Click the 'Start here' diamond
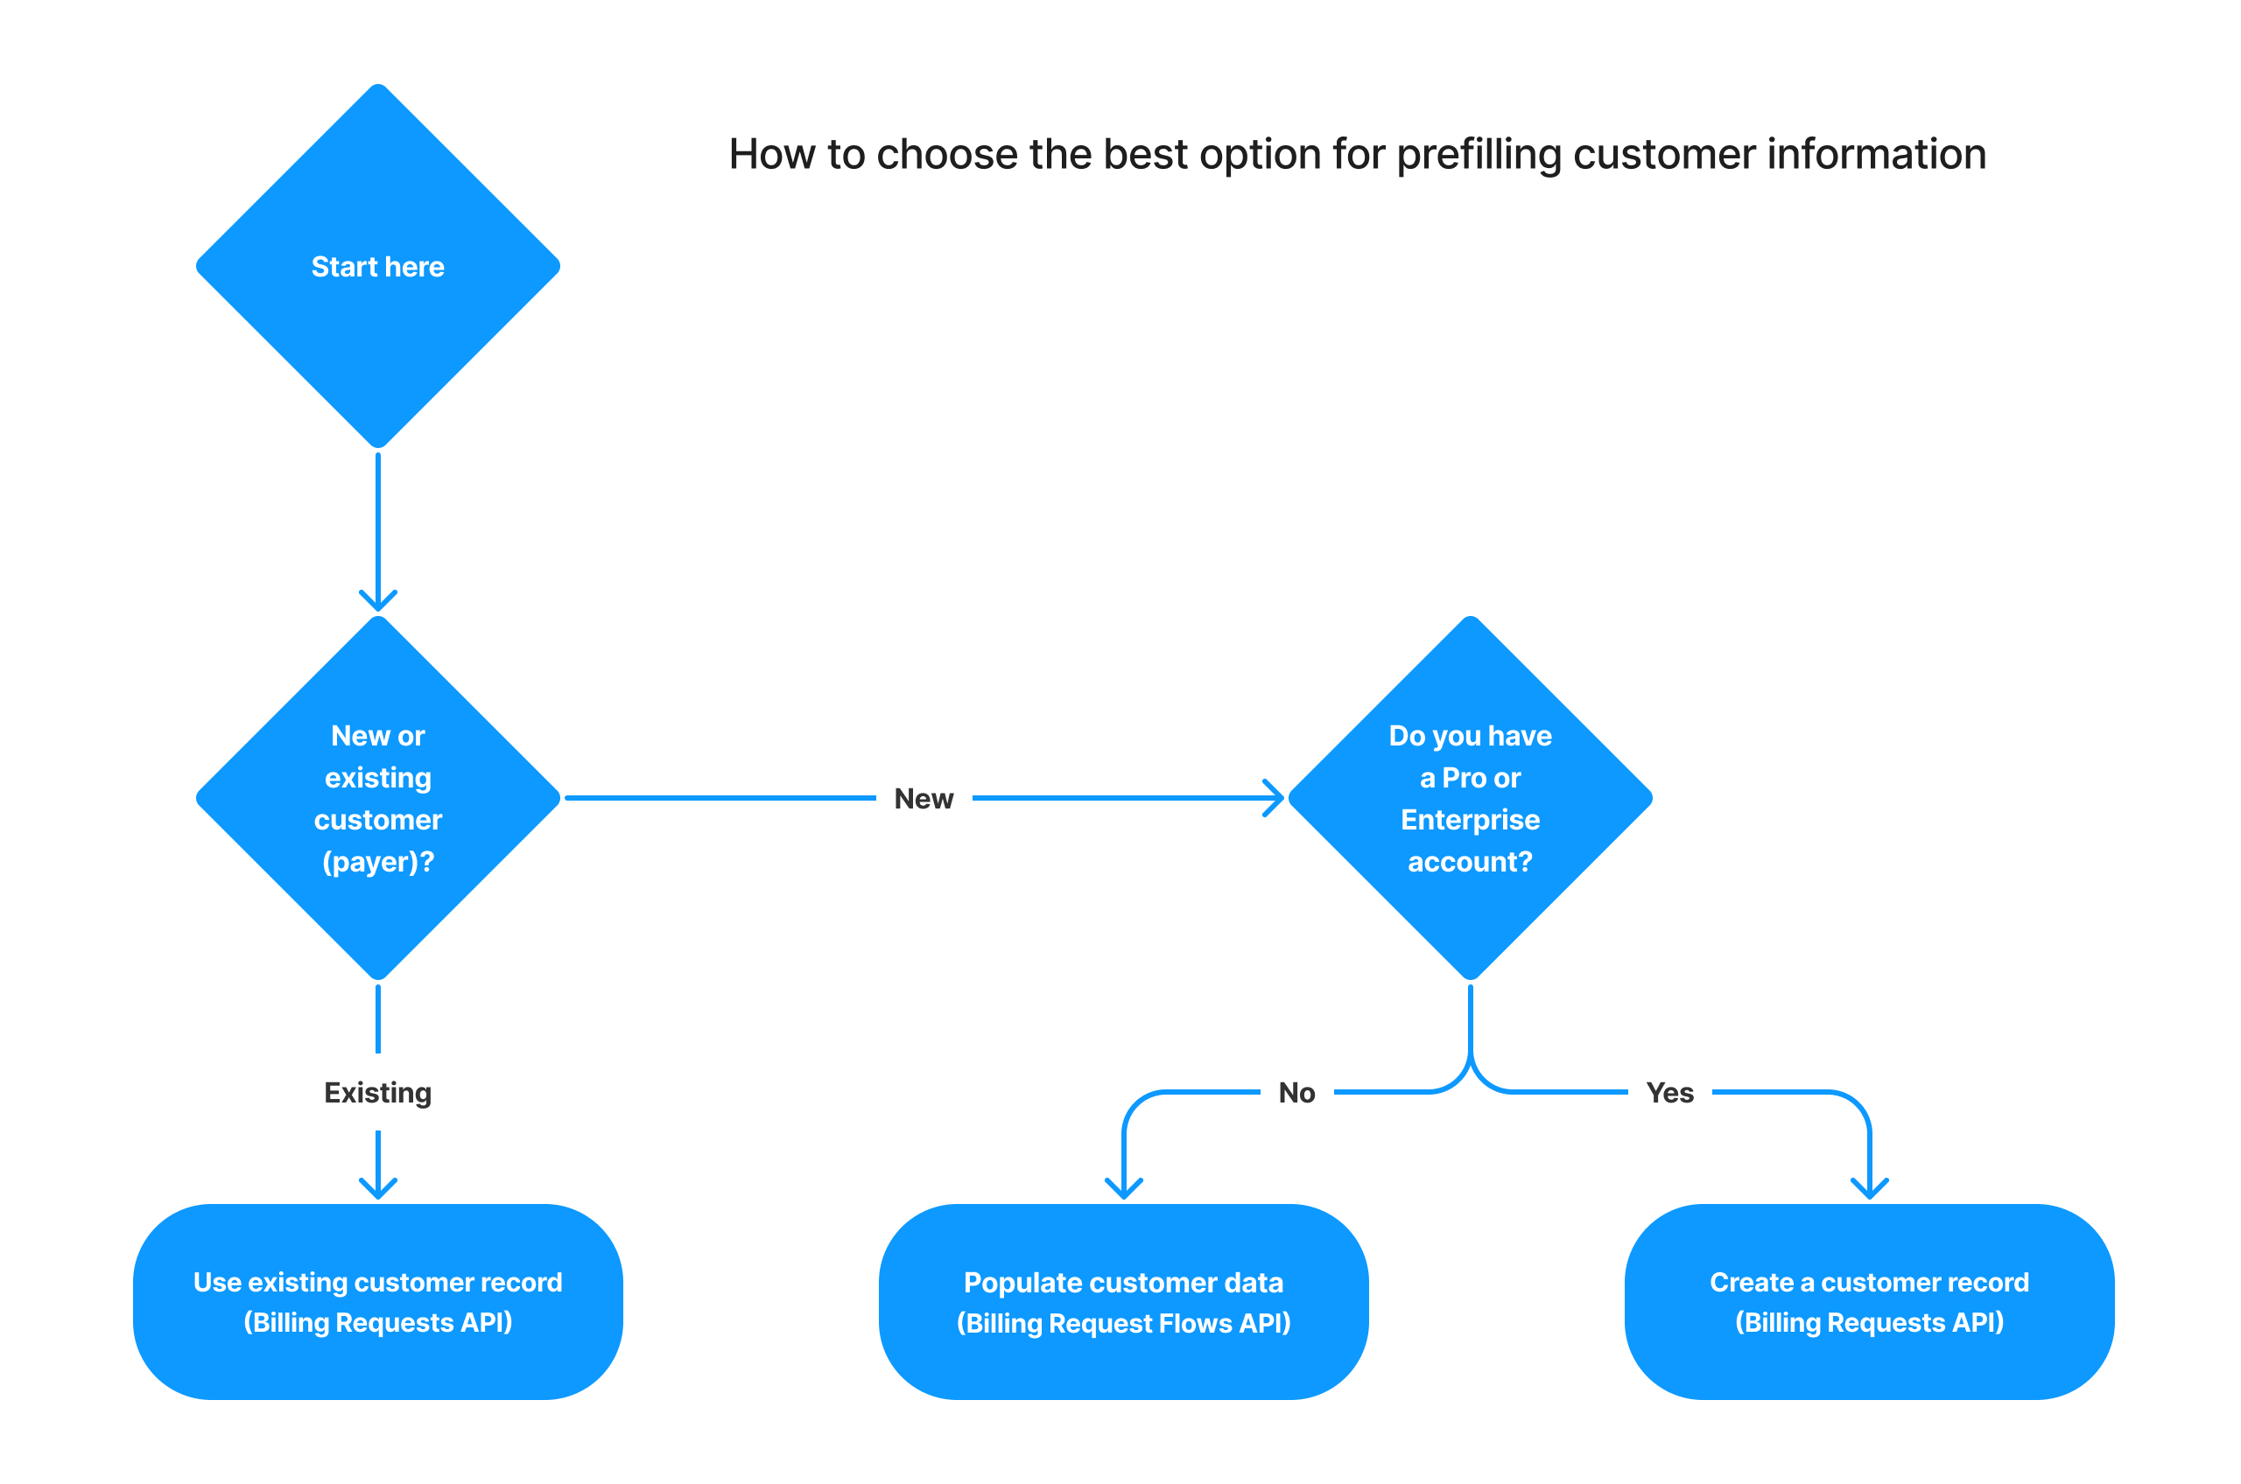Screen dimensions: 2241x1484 click(378, 266)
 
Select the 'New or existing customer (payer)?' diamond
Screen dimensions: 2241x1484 click(378, 798)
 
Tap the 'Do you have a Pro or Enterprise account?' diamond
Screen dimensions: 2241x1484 click(1471, 798)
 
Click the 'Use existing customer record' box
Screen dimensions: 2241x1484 click(378, 1301)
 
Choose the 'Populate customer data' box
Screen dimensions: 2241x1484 click(1123, 1301)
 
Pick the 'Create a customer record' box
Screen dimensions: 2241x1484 click(1869, 1301)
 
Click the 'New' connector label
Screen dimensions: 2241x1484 click(924, 799)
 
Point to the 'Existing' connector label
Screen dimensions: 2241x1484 click(378, 1093)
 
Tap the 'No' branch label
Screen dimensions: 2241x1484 click(1296, 1093)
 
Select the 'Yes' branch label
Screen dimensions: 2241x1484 click(1669, 1093)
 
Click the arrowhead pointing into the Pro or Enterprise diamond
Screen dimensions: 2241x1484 click(1275, 798)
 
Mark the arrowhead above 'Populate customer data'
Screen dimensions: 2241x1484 click(1124, 1189)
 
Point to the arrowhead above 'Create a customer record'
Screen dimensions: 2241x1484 click(1869, 1189)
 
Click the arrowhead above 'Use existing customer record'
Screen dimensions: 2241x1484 click(378, 1189)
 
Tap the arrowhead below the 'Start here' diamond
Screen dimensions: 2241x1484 click(378, 600)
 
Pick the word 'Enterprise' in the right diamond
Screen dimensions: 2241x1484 click(1471, 820)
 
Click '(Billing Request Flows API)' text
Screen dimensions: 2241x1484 click(1123, 1323)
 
